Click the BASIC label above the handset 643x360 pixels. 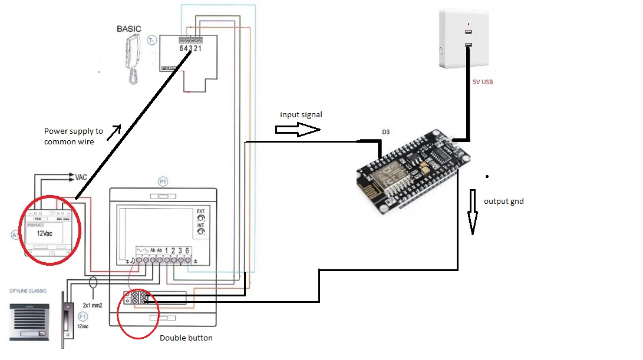click(x=129, y=28)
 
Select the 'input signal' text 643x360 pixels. click(x=301, y=114)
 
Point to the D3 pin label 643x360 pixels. click(x=385, y=133)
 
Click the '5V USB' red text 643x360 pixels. click(x=482, y=82)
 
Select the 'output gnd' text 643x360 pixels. click(x=503, y=202)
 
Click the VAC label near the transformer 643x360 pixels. click(x=82, y=177)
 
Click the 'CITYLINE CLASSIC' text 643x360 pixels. click(x=31, y=292)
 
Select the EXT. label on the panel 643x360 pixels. click(x=201, y=210)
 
